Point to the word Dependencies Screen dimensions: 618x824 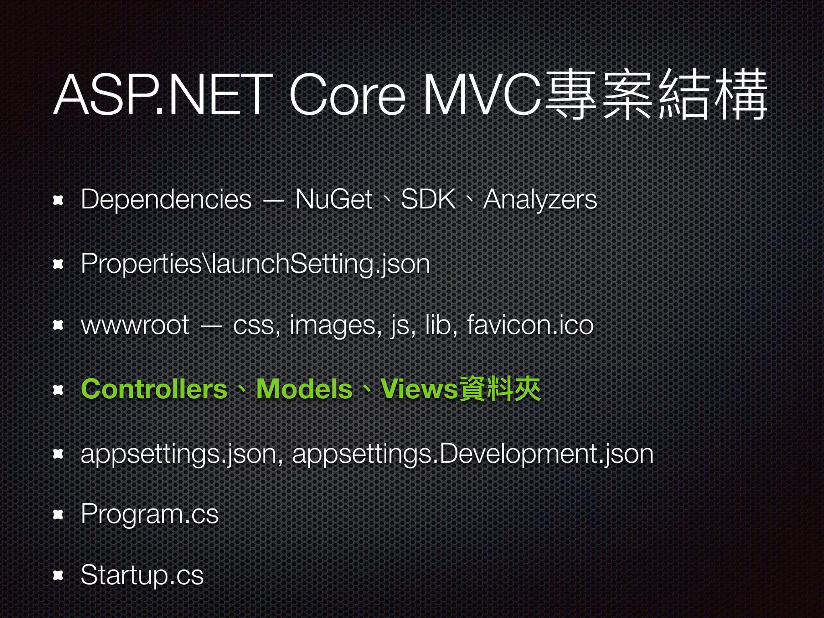point(166,200)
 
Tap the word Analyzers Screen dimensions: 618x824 point(540,200)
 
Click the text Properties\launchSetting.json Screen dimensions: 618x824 point(255,264)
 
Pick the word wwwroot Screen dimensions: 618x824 point(135,325)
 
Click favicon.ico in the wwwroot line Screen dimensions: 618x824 point(530,325)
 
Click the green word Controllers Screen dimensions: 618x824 point(154,389)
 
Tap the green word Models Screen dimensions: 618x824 point(304,389)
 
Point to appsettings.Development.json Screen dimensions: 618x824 point(473,454)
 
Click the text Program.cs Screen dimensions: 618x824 point(150,514)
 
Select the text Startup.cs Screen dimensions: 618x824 point(142,575)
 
